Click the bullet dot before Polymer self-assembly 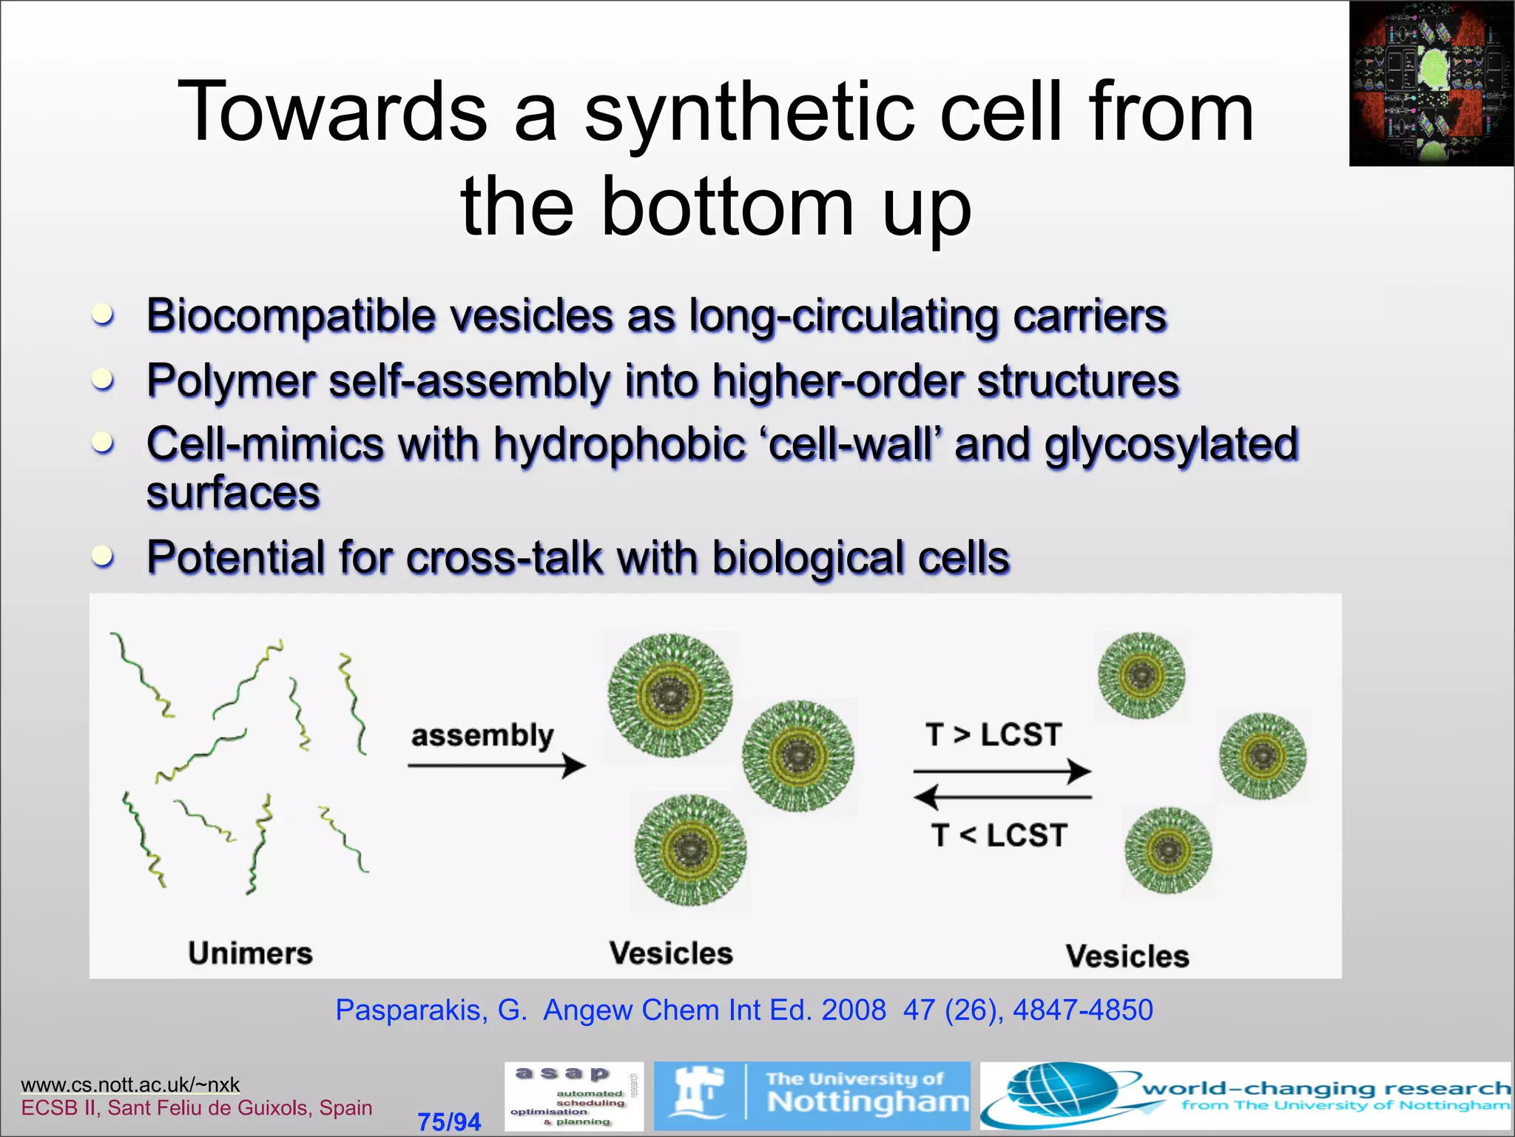103,379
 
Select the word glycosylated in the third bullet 1170,444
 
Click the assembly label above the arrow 482,735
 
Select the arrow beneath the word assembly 496,765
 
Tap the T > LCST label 993,734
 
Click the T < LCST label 998,835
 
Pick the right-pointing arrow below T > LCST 1002,771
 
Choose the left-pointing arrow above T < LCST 1002,797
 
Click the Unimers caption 250,953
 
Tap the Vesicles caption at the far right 1127,956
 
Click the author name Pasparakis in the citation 411,1010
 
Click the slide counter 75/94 449,1121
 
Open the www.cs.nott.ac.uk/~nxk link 130,1084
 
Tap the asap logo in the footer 573,1096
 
